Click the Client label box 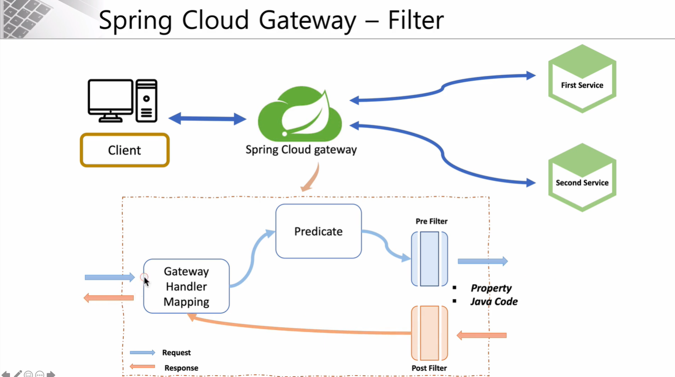click(x=125, y=150)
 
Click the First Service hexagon click(x=582, y=79)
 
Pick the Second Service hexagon click(x=582, y=177)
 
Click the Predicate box click(x=318, y=232)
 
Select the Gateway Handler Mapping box click(x=186, y=286)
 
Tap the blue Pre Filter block click(x=429, y=259)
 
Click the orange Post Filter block click(x=429, y=333)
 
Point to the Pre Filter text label click(x=431, y=221)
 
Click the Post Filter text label click(x=429, y=368)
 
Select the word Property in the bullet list click(x=491, y=288)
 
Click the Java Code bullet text click(x=494, y=301)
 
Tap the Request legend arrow click(x=143, y=352)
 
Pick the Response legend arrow click(x=143, y=366)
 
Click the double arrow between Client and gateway click(x=208, y=119)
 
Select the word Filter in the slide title click(x=416, y=20)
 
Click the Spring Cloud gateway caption click(x=301, y=150)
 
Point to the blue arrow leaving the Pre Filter click(x=482, y=261)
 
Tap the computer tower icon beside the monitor click(x=146, y=100)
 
